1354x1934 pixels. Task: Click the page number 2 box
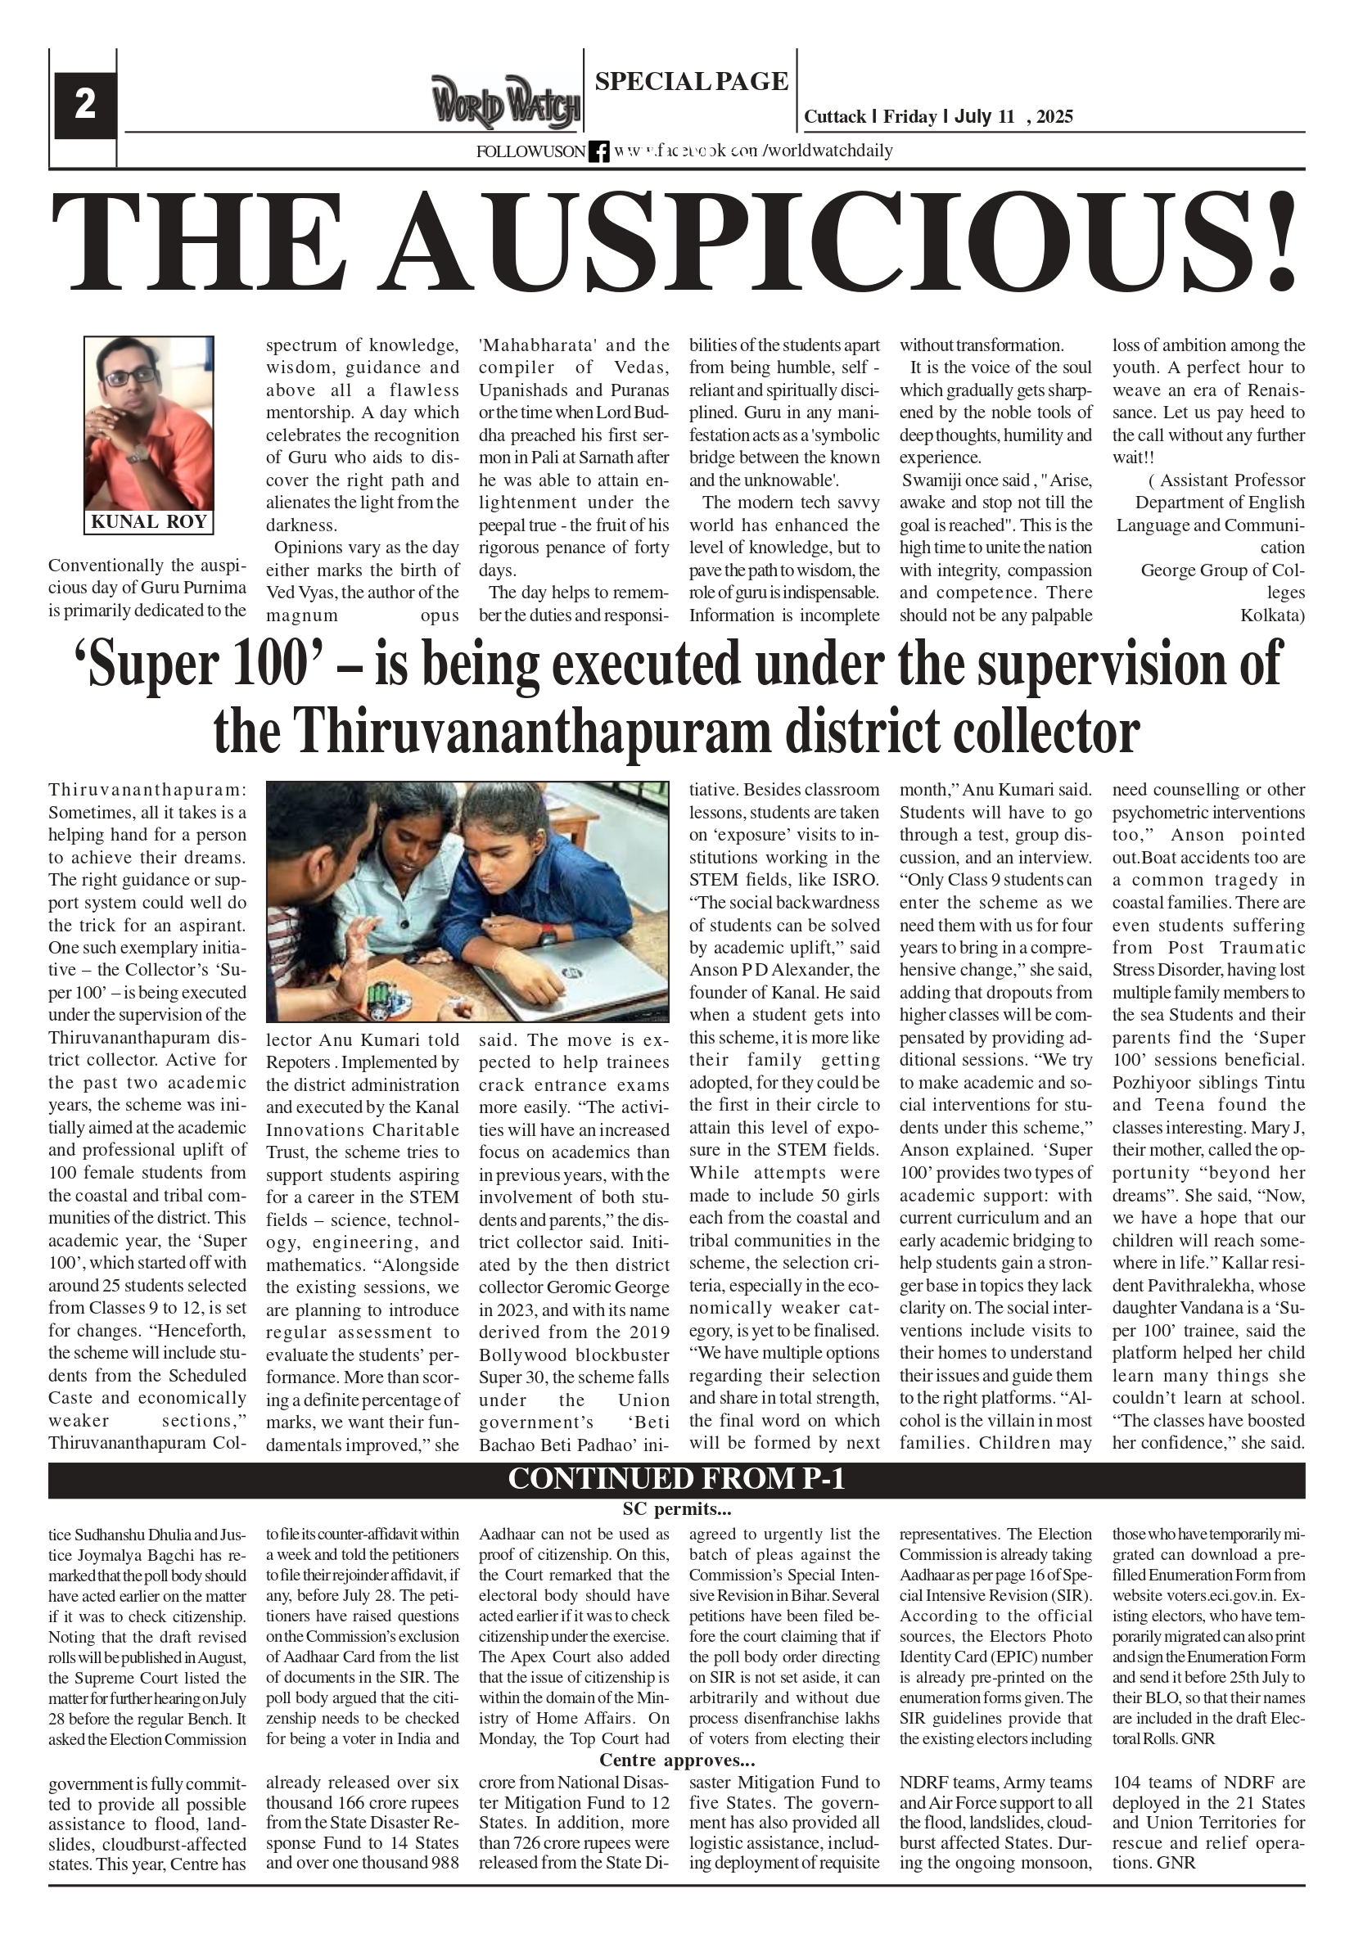[x=85, y=106]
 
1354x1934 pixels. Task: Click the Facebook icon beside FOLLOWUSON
[x=598, y=151]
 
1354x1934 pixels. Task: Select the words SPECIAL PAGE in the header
[x=691, y=82]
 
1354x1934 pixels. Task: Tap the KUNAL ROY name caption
[x=148, y=521]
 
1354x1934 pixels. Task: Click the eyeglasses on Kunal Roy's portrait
[x=132, y=376]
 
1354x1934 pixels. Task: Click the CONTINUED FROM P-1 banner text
[x=675, y=1479]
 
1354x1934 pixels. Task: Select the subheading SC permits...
[x=675, y=1508]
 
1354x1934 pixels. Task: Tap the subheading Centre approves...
[x=675, y=1760]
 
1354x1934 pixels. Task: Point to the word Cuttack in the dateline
[x=834, y=117]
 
